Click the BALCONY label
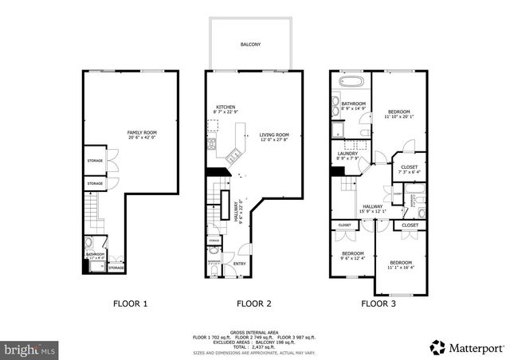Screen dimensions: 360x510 tap(251, 45)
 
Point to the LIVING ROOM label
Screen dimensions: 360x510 tap(273, 135)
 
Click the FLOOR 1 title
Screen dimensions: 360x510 tap(129, 303)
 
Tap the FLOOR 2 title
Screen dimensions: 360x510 tap(254, 303)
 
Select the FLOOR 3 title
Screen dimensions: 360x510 tap(379, 303)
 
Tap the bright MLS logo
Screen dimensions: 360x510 tap(29, 349)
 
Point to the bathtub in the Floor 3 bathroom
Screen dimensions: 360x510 tap(351, 81)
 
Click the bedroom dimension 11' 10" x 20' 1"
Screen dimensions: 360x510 tap(399, 117)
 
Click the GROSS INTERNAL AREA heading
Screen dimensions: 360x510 tap(254, 331)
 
